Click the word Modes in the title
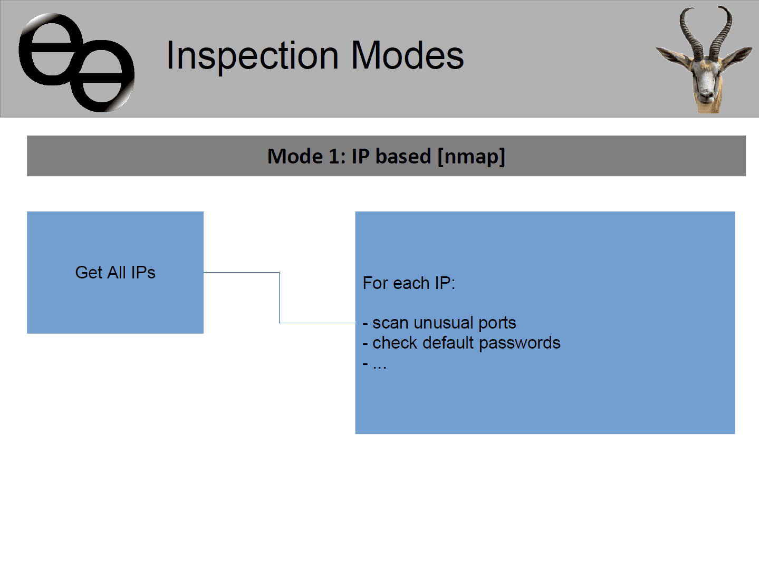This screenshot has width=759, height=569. [x=407, y=55]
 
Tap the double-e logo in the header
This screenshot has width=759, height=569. [x=76, y=63]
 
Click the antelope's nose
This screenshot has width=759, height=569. [x=707, y=93]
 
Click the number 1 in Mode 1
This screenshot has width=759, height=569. [x=334, y=156]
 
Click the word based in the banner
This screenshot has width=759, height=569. [x=403, y=156]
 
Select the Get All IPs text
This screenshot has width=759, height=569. [x=115, y=273]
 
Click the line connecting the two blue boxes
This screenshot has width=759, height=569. [x=280, y=297]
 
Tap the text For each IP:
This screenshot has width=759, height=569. [x=409, y=283]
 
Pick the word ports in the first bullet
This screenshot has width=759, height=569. [x=497, y=324]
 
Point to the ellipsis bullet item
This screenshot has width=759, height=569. [x=374, y=364]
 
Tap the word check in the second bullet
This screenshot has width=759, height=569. [x=395, y=343]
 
